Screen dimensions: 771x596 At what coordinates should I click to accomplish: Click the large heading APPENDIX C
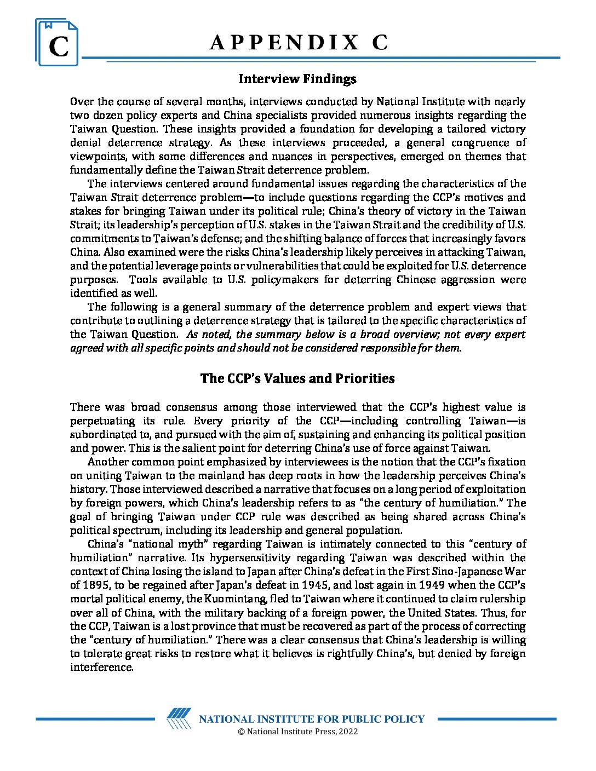[x=298, y=43]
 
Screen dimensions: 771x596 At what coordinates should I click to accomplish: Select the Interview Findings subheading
[x=297, y=79]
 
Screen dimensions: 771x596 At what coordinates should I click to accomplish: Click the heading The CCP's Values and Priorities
[x=297, y=378]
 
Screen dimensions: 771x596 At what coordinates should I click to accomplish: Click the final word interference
[x=101, y=668]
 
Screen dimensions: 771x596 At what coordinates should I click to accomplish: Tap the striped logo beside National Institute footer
[x=179, y=718]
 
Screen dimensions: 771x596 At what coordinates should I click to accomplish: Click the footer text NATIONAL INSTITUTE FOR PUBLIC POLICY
[x=311, y=719]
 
